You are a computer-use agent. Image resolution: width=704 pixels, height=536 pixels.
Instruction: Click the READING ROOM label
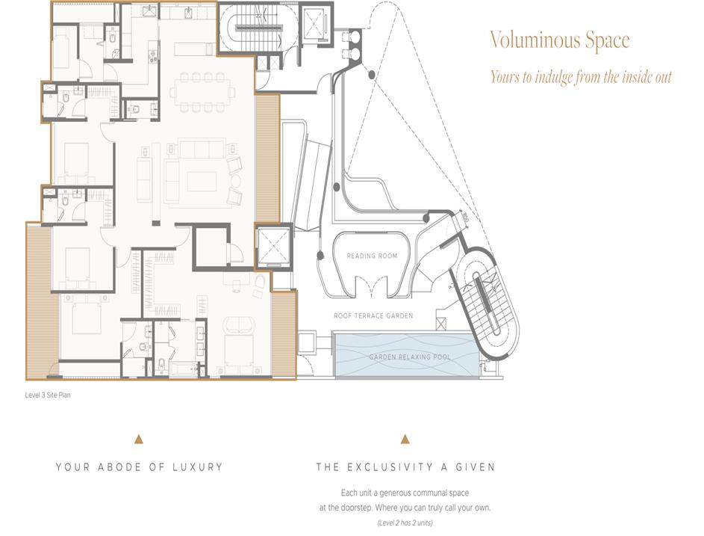372,256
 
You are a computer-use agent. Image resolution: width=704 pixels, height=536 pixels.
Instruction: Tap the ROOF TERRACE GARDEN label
373,315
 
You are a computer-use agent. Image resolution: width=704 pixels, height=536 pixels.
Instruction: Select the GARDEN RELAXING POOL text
409,357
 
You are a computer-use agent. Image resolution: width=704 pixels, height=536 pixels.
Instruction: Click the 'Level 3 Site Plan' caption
48,395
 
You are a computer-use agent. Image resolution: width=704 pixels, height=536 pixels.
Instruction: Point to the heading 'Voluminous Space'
559,40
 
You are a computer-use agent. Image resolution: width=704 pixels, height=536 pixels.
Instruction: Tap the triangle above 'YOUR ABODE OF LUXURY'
139,440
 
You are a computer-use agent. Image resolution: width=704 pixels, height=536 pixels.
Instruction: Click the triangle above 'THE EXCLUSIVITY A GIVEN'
405,440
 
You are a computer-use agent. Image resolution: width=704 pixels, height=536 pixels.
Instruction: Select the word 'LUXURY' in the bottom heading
198,467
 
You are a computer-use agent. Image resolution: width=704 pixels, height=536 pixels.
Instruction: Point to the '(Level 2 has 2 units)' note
405,523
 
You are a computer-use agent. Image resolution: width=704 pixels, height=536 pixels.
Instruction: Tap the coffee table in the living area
202,182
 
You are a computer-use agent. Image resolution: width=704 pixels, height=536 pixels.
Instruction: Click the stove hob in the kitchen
154,56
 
